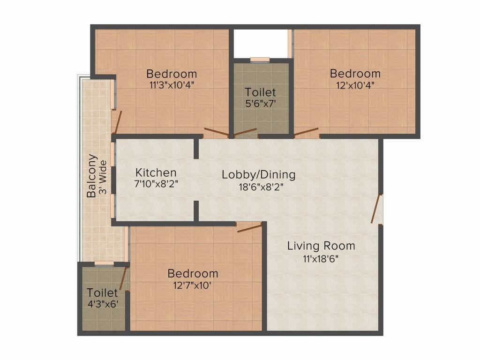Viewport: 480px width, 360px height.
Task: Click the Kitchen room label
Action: tap(156, 173)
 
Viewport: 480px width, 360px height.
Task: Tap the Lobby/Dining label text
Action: tap(259, 175)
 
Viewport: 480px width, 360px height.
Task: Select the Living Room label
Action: tap(321, 246)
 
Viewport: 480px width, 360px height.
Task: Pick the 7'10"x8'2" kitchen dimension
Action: tap(156, 184)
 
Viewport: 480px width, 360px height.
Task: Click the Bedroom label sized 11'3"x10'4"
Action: tap(172, 74)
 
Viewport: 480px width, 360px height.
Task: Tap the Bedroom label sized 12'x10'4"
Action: tap(355, 74)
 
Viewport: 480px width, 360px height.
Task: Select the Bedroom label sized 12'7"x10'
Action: tap(193, 273)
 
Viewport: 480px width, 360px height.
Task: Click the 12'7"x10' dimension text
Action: tap(193, 285)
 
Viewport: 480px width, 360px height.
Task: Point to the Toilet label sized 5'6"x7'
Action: tap(260, 92)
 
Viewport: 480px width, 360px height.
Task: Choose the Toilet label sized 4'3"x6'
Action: tap(102, 293)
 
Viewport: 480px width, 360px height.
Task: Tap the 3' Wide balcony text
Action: tap(103, 178)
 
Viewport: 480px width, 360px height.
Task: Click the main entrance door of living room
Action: tap(378, 209)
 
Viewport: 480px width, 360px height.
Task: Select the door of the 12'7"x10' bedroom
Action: tap(249, 228)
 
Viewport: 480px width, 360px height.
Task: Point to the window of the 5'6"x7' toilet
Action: tap(260, 60)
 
